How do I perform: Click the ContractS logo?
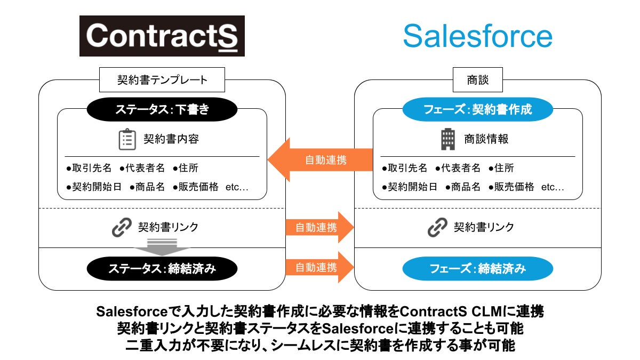pyautogui.click(x=162, y=36)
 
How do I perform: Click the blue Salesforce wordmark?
pyautogui.click(x=477, y=36)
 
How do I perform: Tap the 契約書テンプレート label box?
pyautogui.click(x=162, y=81)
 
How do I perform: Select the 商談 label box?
pyautogui.click(x=477, y=81)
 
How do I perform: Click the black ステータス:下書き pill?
pyautogui.click(x=162, y=110)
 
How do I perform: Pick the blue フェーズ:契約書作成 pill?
pyautogui.click(x=477, y=110)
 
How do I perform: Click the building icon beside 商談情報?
pyautogui.click(x=447, y=139)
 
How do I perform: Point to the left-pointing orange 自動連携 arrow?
pyautogui.click(x=319, y=159)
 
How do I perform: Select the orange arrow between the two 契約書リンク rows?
pyautogui.click(x=319, y=227)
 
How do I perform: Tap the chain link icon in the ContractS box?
pyautogui.click(x=122, y=227)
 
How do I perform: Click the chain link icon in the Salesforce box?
pyautogui.click(x=438, y=227)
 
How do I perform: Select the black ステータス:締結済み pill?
pyautogui.click(x=162, y=268)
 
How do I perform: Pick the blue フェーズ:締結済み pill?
pyautogui.click(x=477, y=268)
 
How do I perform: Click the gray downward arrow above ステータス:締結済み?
pyautogui.click(x=162, y=246)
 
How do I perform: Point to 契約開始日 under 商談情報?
pyautogui.click(x=410, y=187)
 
